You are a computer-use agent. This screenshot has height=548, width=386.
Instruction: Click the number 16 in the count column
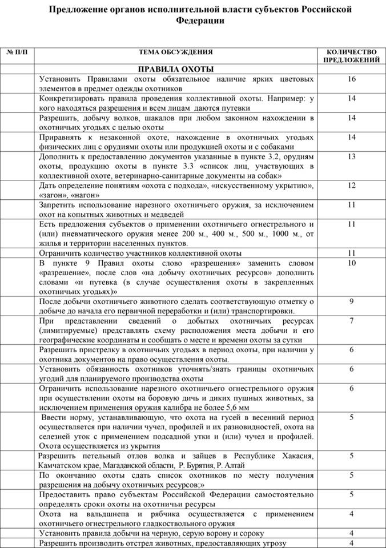pyautogui.click(x=351, y=79)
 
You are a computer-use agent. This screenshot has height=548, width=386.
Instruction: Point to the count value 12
pyautogui.click(x=351, y=185)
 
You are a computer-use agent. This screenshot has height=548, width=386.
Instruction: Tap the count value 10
pyautogui.click(x=351, y=263)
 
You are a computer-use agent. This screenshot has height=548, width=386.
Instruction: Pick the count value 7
pyautogui.click(x=351, y=321)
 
